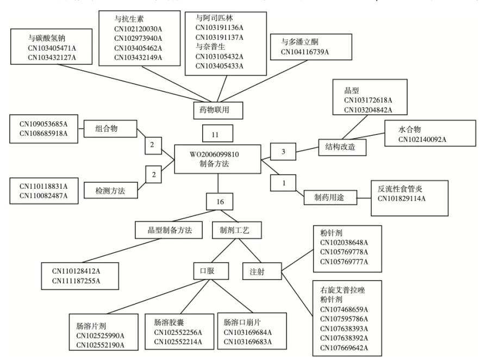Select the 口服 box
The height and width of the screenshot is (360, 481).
pos(207,270)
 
